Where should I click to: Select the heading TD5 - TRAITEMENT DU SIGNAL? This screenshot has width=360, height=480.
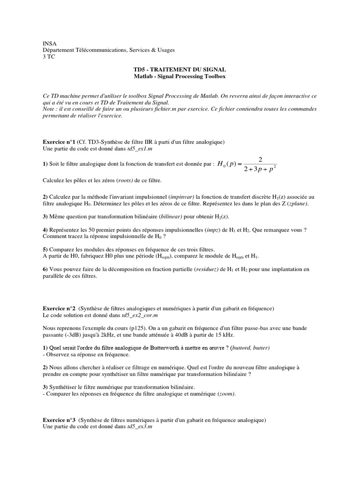coord(180,69)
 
